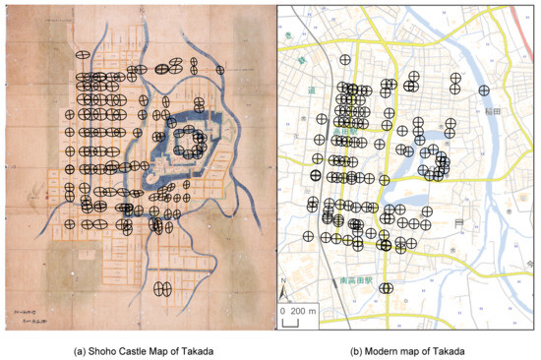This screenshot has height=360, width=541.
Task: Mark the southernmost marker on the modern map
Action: (x=387, y=288)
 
